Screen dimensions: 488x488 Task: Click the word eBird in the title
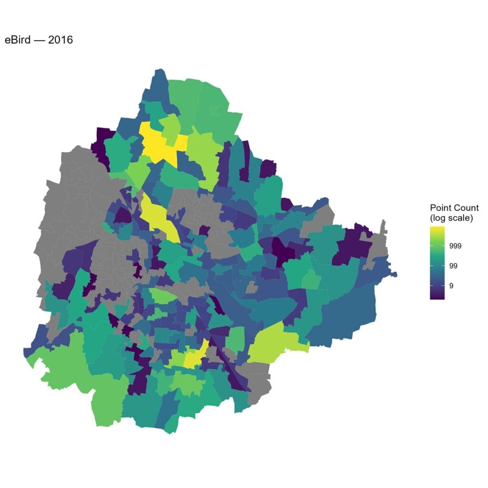pyautogui.click(x=18, y=40)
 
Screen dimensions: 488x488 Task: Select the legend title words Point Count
pyautogui.click(x=454, y=208)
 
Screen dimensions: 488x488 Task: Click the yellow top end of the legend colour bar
pyautogui.click(x=437, y=230)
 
